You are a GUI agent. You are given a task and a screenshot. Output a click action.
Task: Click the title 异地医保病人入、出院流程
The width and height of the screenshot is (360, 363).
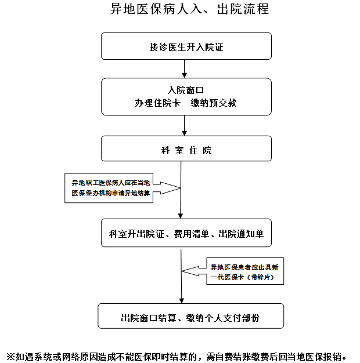tap(189, 9)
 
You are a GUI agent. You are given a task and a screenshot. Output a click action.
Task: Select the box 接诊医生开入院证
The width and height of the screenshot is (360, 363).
tap(186, 46)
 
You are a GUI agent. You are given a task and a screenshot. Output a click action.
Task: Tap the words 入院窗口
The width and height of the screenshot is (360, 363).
tap(186, 90)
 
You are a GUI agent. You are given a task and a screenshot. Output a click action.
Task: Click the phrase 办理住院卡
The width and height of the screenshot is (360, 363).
tap(157, 103)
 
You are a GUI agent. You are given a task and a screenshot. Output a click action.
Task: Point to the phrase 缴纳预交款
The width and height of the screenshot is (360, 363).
tap(214, 103)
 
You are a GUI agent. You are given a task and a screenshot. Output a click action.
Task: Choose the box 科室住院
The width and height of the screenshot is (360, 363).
tap(186, 148)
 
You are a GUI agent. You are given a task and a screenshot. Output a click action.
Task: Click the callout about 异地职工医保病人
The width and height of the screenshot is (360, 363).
tap(109, 188)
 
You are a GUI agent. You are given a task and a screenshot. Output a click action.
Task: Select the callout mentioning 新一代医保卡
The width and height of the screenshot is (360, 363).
tap(245, 271)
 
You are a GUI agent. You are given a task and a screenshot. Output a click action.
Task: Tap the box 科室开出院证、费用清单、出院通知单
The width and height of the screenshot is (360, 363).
tap(186, 233)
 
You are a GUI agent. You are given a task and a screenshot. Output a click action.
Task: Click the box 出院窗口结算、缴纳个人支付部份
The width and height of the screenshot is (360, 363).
tap(191, 316)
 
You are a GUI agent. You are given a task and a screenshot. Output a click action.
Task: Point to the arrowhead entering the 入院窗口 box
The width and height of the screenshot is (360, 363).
tap(184, 75)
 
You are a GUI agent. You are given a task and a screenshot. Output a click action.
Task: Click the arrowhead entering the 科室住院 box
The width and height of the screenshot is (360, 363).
tap(184, 133)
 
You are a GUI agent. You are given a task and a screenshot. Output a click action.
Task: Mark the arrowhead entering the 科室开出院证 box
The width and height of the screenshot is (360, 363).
tap(181, 216)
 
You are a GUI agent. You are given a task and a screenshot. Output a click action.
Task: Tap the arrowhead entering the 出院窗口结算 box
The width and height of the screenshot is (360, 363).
tap(182, 301)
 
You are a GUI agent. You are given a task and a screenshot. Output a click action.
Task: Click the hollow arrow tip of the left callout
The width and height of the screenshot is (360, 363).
tap(180, 188)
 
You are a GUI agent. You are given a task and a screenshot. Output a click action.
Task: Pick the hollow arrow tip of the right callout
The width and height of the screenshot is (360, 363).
tap(182, 271)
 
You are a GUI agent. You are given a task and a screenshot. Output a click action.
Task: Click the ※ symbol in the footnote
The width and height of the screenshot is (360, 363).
tap(10, 357)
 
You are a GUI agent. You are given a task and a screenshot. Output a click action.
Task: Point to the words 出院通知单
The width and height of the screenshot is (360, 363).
tap(241, 234)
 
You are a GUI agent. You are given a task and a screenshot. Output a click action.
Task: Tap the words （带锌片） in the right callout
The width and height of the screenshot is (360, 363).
tap(261, 277)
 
